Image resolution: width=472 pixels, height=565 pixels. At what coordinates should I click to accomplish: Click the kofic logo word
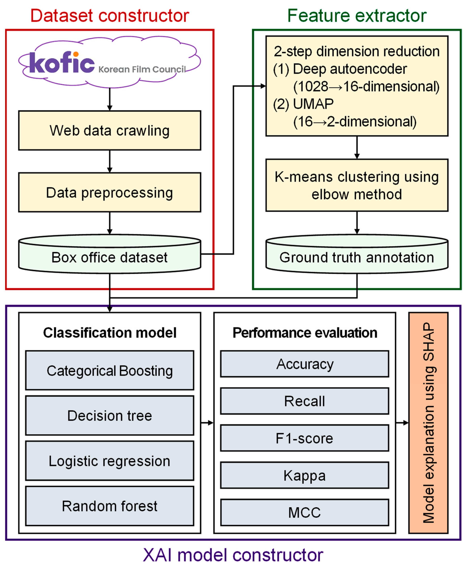(62, 62)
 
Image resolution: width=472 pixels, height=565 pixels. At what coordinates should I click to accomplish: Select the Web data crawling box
(110, 131)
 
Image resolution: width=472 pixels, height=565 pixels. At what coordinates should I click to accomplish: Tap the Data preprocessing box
(110, 192)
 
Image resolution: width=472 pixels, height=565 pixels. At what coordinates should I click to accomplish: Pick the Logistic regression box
(110, 461)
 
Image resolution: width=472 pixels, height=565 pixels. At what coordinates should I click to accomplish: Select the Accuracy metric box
(305, 364)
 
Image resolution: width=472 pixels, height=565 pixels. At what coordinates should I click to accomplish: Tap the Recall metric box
(305, 401)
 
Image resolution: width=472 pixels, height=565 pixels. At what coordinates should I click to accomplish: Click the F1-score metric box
(305, 438)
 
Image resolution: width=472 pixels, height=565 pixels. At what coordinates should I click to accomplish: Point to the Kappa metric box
(305, 475)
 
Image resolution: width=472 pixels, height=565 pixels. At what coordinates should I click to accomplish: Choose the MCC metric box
(305, 512)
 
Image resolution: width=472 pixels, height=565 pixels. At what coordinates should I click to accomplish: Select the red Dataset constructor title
(110, 16)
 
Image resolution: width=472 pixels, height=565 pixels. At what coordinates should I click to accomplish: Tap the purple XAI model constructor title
(233, 555)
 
